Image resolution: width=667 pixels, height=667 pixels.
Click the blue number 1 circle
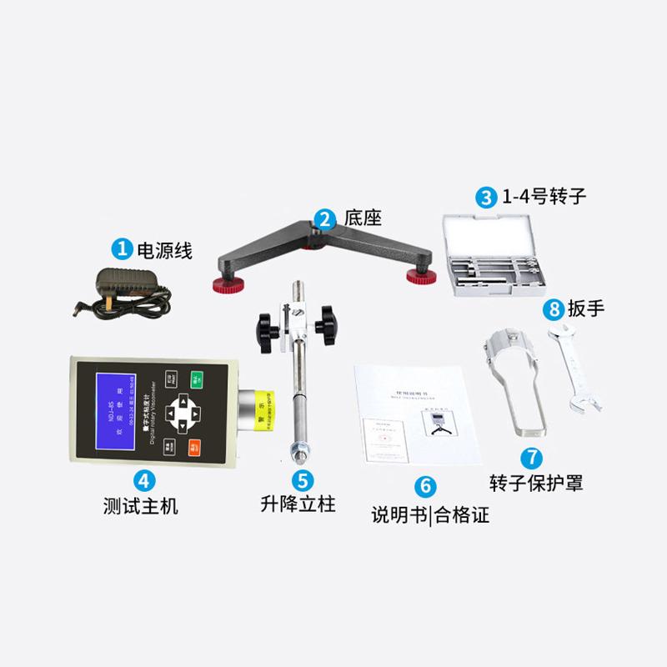(123, 248)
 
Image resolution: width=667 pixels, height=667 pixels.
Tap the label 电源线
(164, 249)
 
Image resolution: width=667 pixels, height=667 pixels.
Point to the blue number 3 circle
(485, 198)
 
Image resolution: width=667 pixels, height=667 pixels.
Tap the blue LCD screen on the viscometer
(118, 412)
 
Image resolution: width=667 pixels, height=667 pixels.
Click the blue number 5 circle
(303, 479)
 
